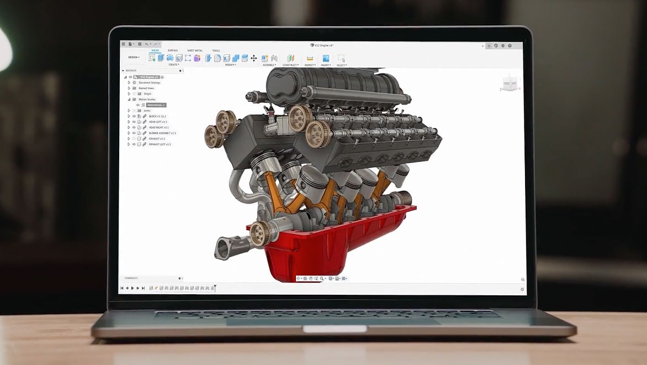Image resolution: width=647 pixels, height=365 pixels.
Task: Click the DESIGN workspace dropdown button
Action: click(x=134, y=57)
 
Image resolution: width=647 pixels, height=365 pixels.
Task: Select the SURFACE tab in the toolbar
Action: click(x=173, y=50)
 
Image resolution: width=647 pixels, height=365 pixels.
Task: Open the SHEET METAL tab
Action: click(x=194, y=50)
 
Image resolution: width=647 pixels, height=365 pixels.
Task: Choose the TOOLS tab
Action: click(x=216, y=50)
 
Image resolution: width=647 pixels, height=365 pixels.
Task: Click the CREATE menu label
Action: click(x=173, y=65)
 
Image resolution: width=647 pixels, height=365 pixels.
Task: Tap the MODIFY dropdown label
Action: click(x=230, y=65)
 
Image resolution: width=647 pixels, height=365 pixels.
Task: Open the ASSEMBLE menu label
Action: click(x=269, y=65)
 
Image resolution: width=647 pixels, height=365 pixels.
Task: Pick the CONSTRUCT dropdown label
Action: click(x=290, y=65)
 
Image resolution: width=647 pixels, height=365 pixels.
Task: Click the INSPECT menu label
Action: click(x=310, y=65)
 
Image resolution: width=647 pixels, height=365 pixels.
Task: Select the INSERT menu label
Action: click(x=326, y=65)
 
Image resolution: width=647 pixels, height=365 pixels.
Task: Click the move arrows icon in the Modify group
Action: click(x=253, y=58)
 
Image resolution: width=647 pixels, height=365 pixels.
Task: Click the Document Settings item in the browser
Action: click(x=149, y=82)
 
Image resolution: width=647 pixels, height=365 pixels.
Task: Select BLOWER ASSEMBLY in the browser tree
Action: click(x=162, y=133)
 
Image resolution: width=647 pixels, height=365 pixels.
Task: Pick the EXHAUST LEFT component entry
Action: click(x=160, y=144)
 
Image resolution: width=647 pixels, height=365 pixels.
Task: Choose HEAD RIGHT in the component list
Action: click(x=159, y=127)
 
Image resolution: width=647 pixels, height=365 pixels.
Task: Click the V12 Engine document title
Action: click(x=322, y=45)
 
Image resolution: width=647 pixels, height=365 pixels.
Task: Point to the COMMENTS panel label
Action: click(x=131, y=278)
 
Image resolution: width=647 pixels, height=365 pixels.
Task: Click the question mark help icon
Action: click(x=510, y=45)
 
